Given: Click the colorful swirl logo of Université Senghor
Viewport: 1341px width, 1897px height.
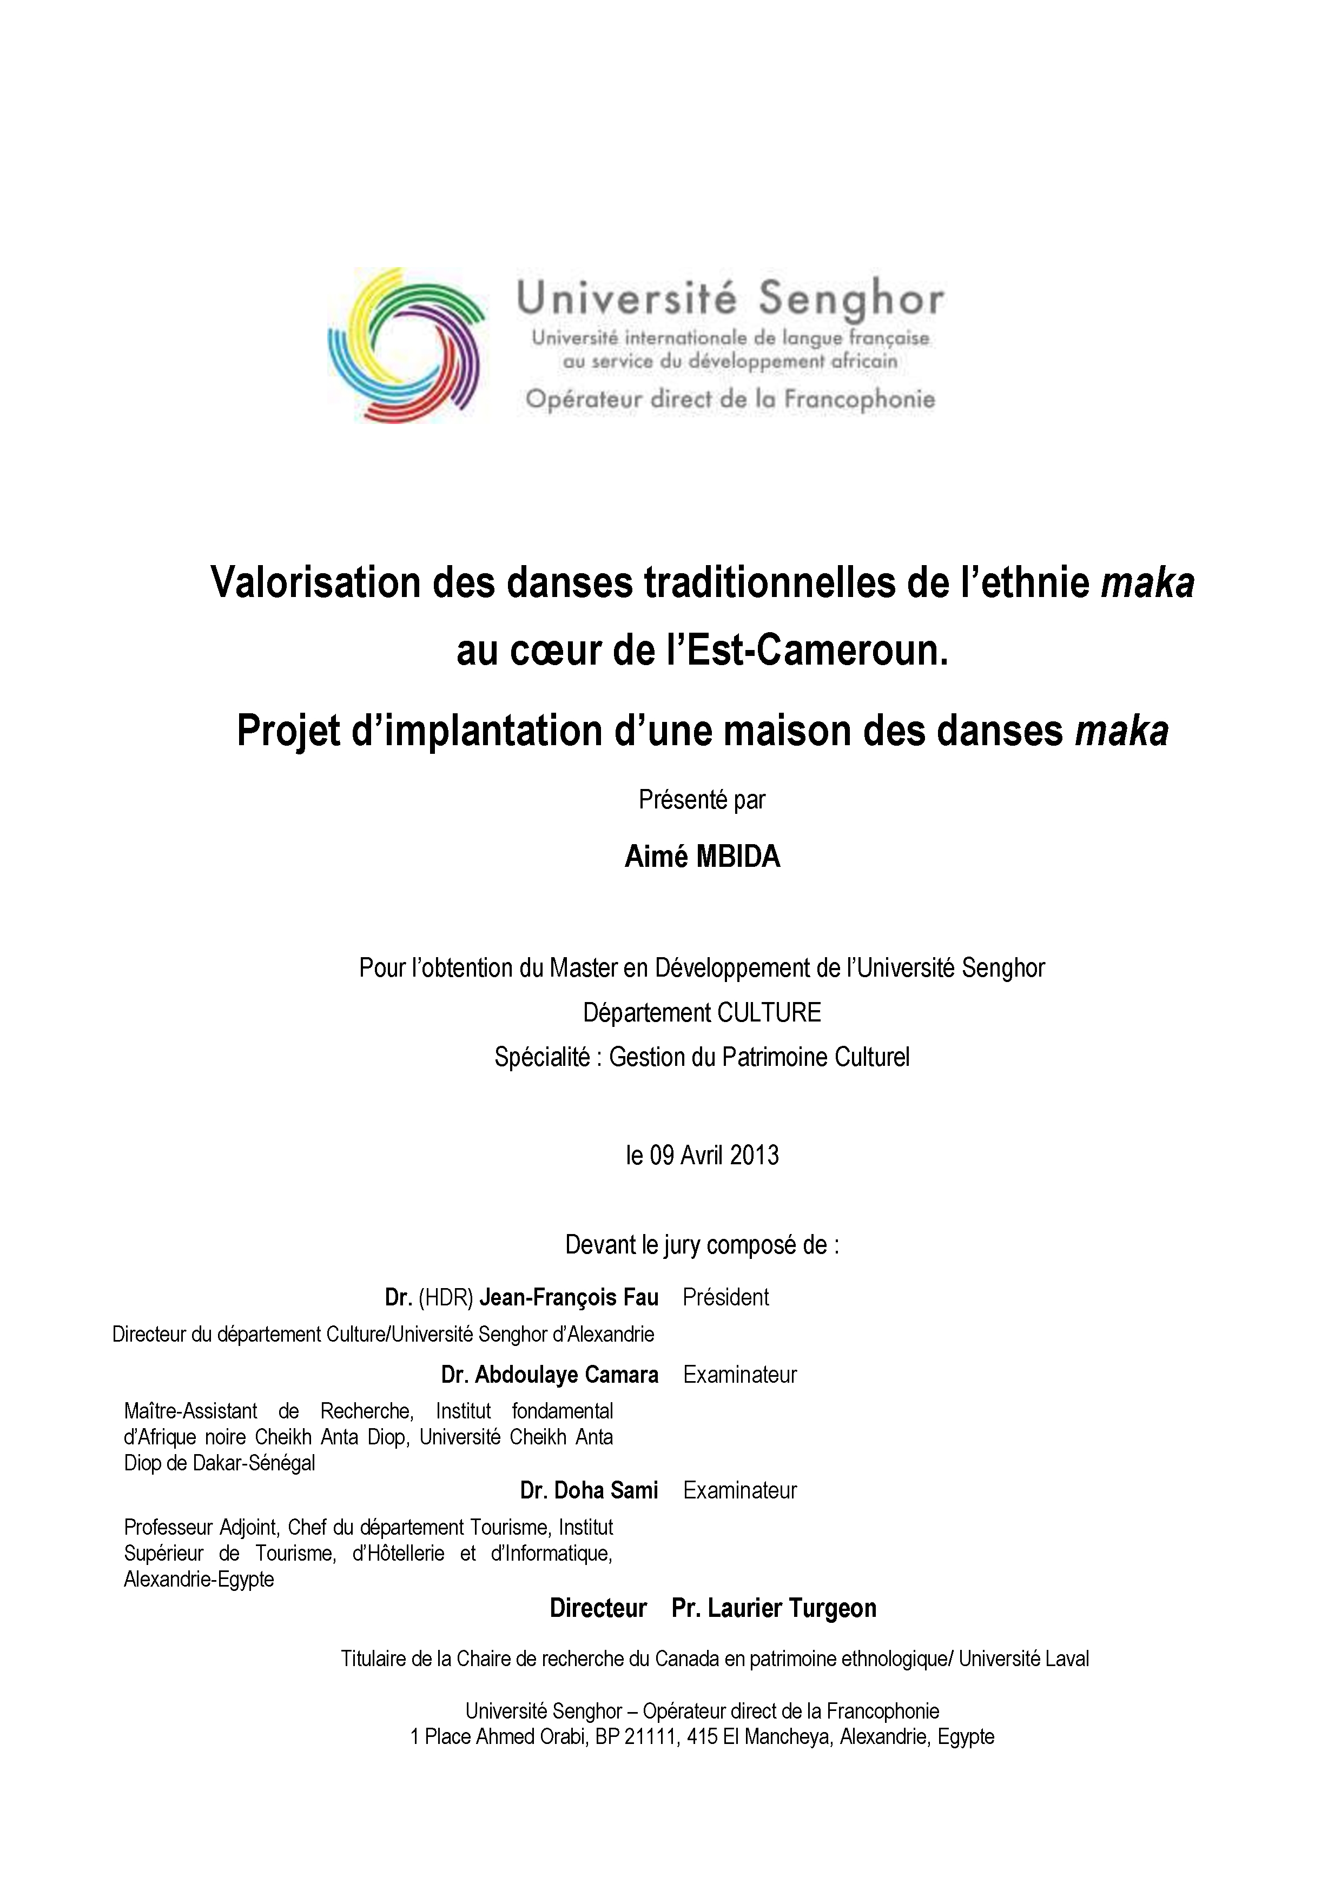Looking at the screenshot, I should (406, 346).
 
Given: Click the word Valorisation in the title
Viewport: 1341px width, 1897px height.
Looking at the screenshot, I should (314, 582).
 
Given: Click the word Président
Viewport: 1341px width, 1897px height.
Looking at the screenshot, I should (725, 1297).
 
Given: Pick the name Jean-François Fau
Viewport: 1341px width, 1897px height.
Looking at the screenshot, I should (569, 1297).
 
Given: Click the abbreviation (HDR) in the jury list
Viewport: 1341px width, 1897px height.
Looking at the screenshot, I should (445, 1297).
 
